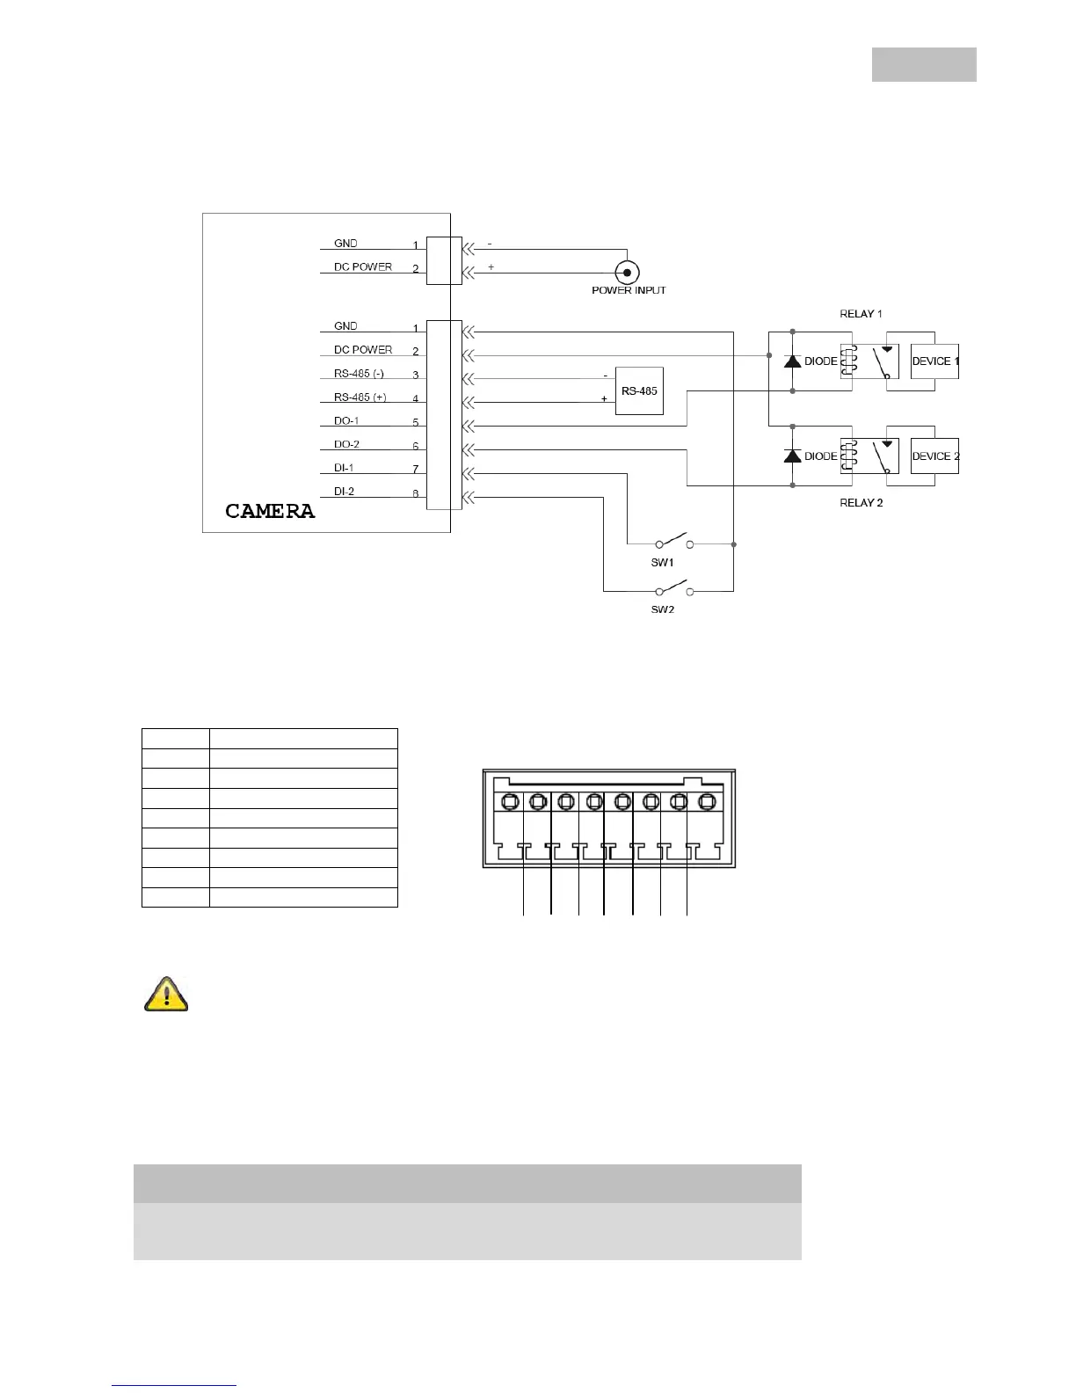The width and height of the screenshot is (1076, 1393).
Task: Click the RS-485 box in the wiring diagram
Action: (x=639, y=390)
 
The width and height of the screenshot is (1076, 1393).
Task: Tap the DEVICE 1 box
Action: (x=934, y=361)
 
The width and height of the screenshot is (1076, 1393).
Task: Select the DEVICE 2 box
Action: (x=934, y=456)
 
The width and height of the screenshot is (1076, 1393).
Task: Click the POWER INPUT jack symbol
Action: (x=627, y=273)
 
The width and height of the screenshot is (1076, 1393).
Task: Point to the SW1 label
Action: (x=662, y=563)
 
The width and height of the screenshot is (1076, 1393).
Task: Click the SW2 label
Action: (x=662, y=609)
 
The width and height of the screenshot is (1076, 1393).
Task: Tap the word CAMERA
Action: (x=270, y=512)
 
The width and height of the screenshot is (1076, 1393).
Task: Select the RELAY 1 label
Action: (x=861, y=314)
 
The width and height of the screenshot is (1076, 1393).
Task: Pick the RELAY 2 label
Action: (x=861, y=503)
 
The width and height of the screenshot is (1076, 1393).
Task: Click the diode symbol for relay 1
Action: (x=792, y=361)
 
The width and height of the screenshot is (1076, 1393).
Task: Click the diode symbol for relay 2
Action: (x=792, y=456)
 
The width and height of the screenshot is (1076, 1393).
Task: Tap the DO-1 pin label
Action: (x=346, y=421)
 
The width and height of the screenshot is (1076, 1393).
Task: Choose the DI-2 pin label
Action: (x=344, y=492)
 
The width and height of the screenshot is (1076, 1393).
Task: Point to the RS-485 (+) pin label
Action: (x=360, y=397)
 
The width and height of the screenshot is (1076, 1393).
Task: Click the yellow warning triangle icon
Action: (x=166, y=995)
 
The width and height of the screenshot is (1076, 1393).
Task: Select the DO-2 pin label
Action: (x=346, y=445)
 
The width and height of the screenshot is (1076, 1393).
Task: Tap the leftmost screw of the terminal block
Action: (x=510, y=802)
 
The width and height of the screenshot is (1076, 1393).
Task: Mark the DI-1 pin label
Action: (x=344, y=468)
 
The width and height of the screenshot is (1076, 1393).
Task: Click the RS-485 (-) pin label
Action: (x=359, y=374)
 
